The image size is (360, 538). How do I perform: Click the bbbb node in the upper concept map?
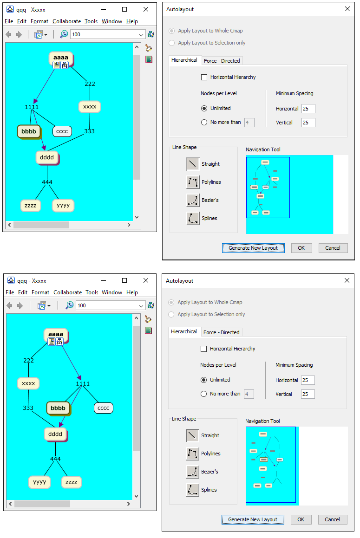28,131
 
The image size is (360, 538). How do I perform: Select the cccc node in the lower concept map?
103,408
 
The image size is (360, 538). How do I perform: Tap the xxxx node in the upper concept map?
90,107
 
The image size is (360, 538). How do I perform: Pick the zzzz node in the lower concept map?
71,482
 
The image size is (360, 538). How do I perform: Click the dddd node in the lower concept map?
55,434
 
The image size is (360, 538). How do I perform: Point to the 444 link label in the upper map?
47,182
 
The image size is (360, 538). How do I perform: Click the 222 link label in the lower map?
28,360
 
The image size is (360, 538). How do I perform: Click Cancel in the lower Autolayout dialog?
332,519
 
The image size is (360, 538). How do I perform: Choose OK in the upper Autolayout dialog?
301,248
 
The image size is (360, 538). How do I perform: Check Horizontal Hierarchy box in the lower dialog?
203,349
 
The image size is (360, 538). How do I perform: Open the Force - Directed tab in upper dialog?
222,61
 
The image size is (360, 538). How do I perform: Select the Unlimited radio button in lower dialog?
203,380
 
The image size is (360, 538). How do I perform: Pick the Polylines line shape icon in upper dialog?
193,182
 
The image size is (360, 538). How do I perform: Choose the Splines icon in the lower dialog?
192,490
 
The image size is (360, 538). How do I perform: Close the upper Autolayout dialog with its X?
347,9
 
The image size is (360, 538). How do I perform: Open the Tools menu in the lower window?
92,292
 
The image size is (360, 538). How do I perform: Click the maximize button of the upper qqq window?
124,9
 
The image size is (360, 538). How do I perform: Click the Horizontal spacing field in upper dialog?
308,109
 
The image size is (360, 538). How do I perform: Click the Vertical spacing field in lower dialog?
308,394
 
